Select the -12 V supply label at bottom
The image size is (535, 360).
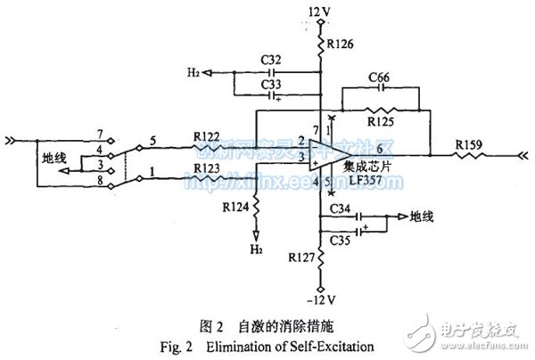point(319,298)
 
